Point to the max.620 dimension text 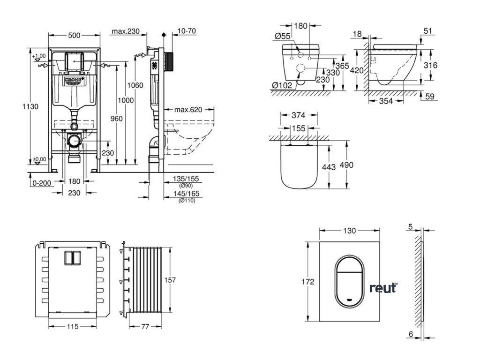click(188, 110)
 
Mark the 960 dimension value click(116, 119)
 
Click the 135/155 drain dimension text click(185, 179)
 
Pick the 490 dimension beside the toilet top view click(347, 165)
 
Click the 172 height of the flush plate click(307, 281)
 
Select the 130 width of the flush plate click(350, 230)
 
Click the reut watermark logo click(382, 288)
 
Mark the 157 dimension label click(170, 280)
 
